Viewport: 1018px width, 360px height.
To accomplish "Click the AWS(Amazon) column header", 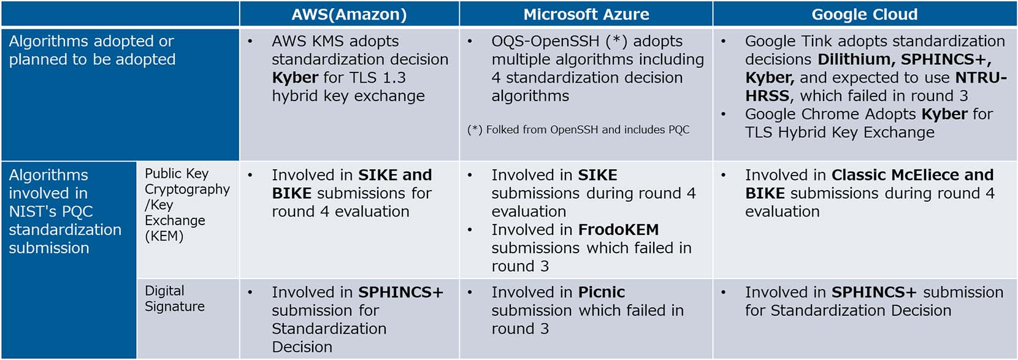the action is [349, 15].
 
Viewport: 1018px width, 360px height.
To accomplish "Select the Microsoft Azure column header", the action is [586, 15].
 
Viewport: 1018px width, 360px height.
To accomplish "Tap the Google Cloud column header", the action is [865, 15].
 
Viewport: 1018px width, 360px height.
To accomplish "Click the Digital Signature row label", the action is [175, 299].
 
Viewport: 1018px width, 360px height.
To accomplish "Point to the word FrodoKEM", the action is [618, 229].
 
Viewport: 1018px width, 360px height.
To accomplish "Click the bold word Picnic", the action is [601, 292].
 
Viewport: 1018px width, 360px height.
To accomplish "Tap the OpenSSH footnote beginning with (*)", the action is [578, 130].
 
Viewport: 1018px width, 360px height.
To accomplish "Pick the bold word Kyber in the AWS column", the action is [294, 78].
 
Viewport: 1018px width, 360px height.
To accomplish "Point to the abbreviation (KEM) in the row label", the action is [164, 236].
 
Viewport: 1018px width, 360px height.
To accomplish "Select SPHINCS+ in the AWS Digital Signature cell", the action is [400, 292].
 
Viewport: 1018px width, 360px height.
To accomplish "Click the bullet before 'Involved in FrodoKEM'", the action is [470, 230].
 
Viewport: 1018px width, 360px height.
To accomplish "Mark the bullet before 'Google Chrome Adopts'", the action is [724, 114].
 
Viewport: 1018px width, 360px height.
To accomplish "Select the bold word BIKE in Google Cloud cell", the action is [765, 193].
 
